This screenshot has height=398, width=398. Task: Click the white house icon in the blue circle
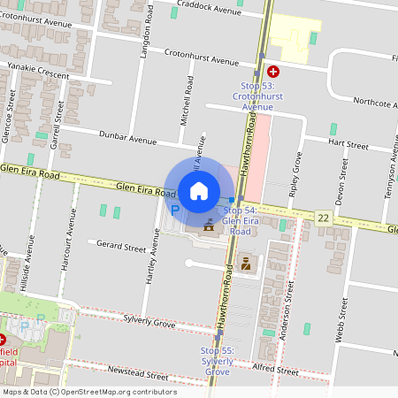[x=199, y=190]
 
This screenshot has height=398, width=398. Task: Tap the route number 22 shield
[x=324, y=217]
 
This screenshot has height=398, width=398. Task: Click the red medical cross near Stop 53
[x=273, y=71]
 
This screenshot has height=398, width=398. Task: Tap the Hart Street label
[x=348, y=143]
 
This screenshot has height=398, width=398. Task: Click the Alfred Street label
[x=275, y=370]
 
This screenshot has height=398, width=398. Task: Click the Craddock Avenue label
[x=208, y=11]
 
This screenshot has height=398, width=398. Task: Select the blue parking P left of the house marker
[x=174, y=210]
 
